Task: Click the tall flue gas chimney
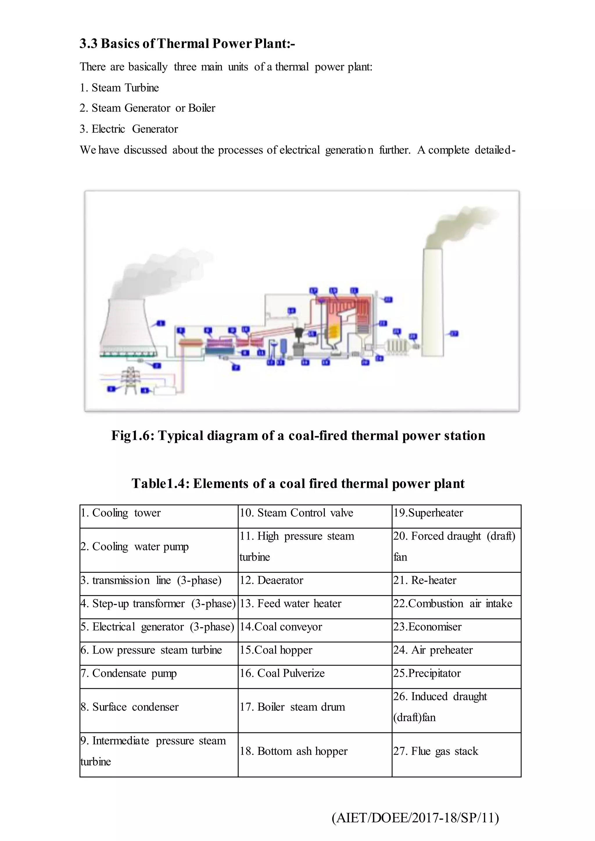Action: coord(432,304)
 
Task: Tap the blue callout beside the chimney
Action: coord(454,334)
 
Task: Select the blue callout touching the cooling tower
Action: coord(161,324)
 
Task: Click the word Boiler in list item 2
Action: coord(202,108)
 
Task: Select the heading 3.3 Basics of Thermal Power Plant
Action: coord(187,44)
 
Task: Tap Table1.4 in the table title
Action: coord(160,484)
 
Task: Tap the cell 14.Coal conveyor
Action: coord(281,627)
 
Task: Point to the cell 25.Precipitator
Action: coord(427,673)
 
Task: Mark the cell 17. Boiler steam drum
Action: coord(292,707)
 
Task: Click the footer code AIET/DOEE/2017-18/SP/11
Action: coord(415,818)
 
